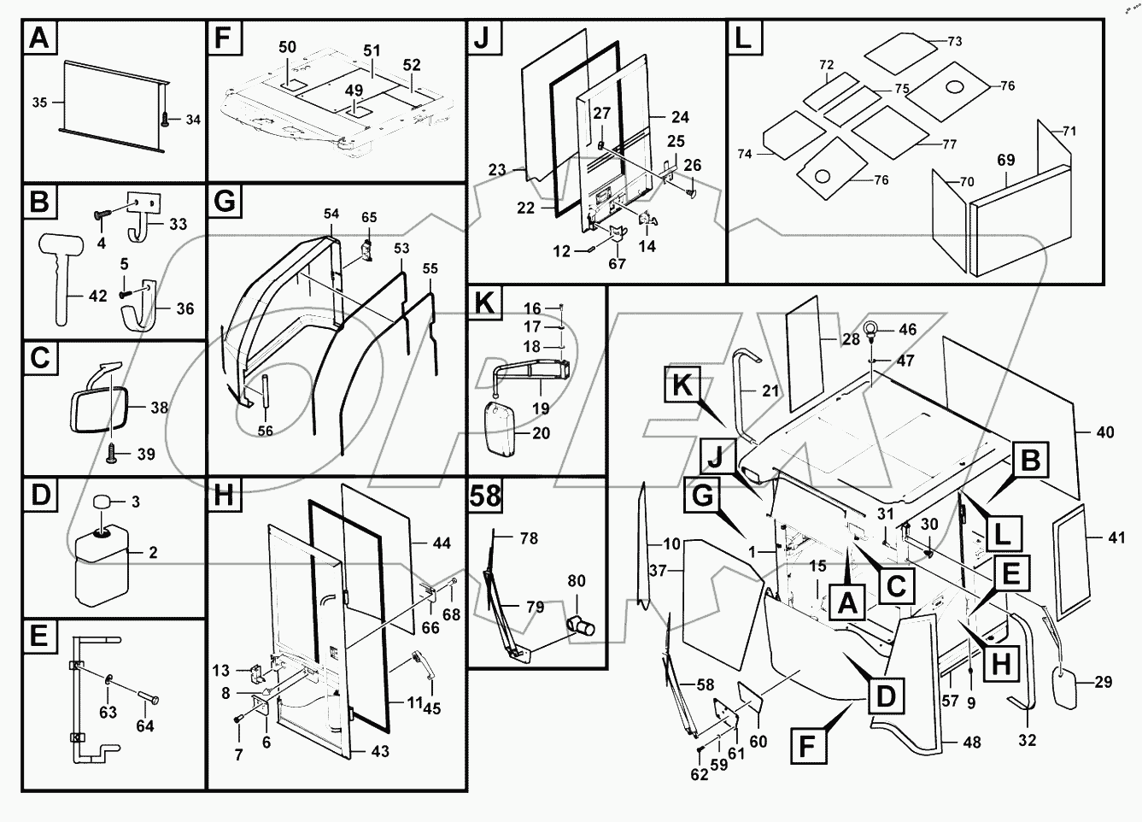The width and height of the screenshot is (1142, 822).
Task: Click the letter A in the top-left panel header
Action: pos(39,38)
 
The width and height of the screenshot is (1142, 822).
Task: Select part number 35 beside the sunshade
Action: pos(39,103)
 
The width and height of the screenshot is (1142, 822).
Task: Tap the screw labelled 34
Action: pos(163,119)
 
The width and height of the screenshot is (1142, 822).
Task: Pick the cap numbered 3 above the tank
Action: pos(103,502)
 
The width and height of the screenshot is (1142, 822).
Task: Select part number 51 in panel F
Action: pos(372,51)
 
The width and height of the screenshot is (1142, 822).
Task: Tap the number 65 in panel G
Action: pos(368,218)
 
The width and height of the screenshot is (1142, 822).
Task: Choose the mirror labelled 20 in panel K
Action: pos(500,432)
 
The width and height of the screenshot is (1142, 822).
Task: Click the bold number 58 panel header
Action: pos(485,496)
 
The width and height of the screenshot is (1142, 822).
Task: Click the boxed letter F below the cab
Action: pos(814,745)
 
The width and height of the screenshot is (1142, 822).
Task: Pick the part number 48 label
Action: pos(972,743)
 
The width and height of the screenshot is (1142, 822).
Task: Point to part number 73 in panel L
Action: pos(955,41)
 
